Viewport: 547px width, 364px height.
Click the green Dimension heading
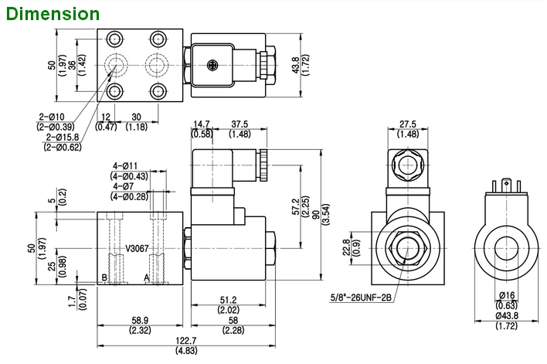click(x=51, y=13)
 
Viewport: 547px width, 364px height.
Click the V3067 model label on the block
click(x=137, y=249)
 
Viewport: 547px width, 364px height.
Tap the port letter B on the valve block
click(x=104, y=277)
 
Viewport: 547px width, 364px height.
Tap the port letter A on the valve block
click(x=147, y=277)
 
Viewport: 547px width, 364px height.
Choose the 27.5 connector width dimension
click(x=408, y=124)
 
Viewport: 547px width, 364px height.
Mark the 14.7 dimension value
click(x=202, y=124)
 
